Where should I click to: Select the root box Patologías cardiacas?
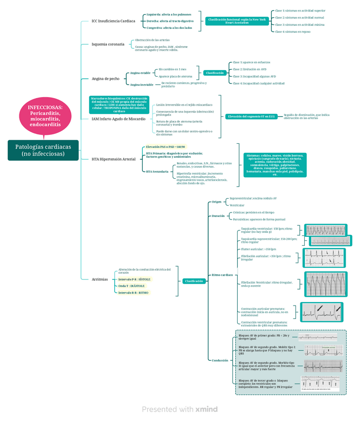pos(43,150)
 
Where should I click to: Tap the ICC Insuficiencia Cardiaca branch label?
pos(113,21)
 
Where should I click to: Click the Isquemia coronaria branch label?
pos(108,44)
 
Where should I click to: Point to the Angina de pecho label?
pos(105,79)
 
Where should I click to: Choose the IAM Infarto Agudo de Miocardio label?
pos(119,119)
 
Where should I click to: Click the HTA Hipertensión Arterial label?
pos(113,159)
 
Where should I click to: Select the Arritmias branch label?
pos(99,279)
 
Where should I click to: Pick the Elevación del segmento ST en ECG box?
pos(251,116)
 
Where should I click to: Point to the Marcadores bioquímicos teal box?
pos(119,105)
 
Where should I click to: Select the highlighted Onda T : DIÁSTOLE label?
pos(132,286)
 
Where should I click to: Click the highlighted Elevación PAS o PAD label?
pos(166,147)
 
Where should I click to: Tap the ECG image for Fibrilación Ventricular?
pos(326,284)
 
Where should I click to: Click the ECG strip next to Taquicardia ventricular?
pos(325,230)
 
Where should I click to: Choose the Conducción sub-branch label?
pos(219,360)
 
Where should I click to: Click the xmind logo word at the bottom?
pos(206,409)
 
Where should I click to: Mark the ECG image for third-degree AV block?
pos(320,384)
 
